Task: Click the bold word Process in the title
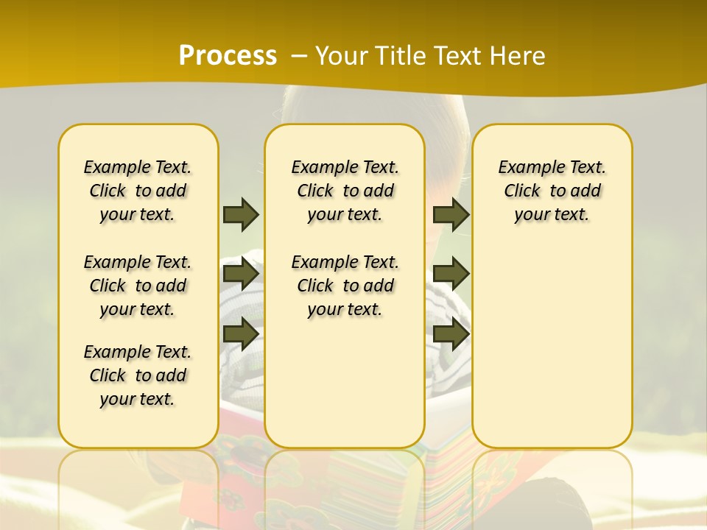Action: tap(228, 56)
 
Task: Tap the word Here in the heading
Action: tap(518, 56)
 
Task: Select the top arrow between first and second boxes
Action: tap(241, 214)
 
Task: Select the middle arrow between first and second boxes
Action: tap(241, 274)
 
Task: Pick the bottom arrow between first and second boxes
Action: tap(241, 333)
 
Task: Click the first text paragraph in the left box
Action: tap(138, 191)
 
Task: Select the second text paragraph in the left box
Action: tap(138, 286)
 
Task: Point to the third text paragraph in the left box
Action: tap(138, 375)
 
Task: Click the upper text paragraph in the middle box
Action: tap(345, 191)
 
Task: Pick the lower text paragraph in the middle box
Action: tap(345, 286)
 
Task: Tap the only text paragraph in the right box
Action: tap(552, 191)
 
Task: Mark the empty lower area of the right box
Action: tap(552, 346)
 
